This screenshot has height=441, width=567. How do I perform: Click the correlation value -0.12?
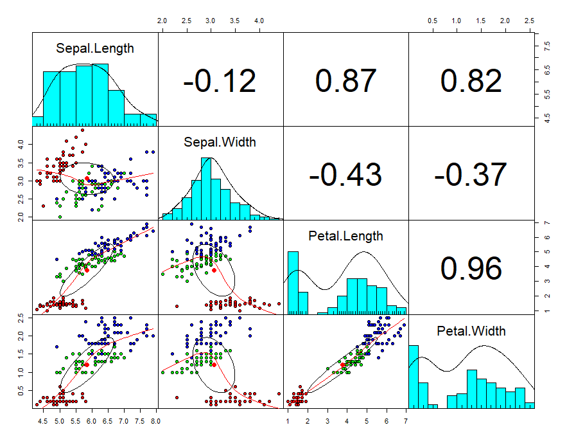point(220,81)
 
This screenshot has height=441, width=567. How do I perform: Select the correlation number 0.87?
point(345,81)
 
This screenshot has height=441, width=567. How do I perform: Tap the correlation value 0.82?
point(471,81)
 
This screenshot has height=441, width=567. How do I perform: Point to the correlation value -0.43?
point(345,175)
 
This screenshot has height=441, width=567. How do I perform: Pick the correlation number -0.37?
point(471,175)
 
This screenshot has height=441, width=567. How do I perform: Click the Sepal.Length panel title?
point(95,48)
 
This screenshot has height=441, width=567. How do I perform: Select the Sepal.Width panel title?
point(220,142)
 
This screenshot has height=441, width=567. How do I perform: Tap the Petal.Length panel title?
point(345,236)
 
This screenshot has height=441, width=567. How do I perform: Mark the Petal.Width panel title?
point(471,331)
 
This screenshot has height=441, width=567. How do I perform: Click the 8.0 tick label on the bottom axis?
point(155,422)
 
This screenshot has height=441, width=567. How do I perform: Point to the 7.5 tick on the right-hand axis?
point(546,48)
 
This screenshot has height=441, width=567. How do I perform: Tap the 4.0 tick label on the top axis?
point(259,21)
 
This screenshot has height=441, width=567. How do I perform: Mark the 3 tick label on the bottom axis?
point(327,422)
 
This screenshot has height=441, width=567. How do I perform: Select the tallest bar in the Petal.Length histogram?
point(293,281)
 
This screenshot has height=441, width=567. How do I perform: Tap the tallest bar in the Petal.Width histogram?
point(414,376)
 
